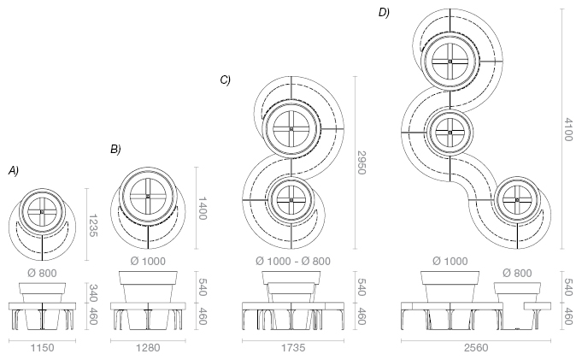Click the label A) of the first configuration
click(13, 171)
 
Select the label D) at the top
click(384, 12)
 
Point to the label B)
click(115, 150)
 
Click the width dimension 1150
click(42, 349)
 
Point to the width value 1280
click(147, 349)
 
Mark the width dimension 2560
click(474, 349)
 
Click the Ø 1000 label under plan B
click(147, 260)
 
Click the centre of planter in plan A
click(42, 212)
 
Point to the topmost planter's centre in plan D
click(450, 61)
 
